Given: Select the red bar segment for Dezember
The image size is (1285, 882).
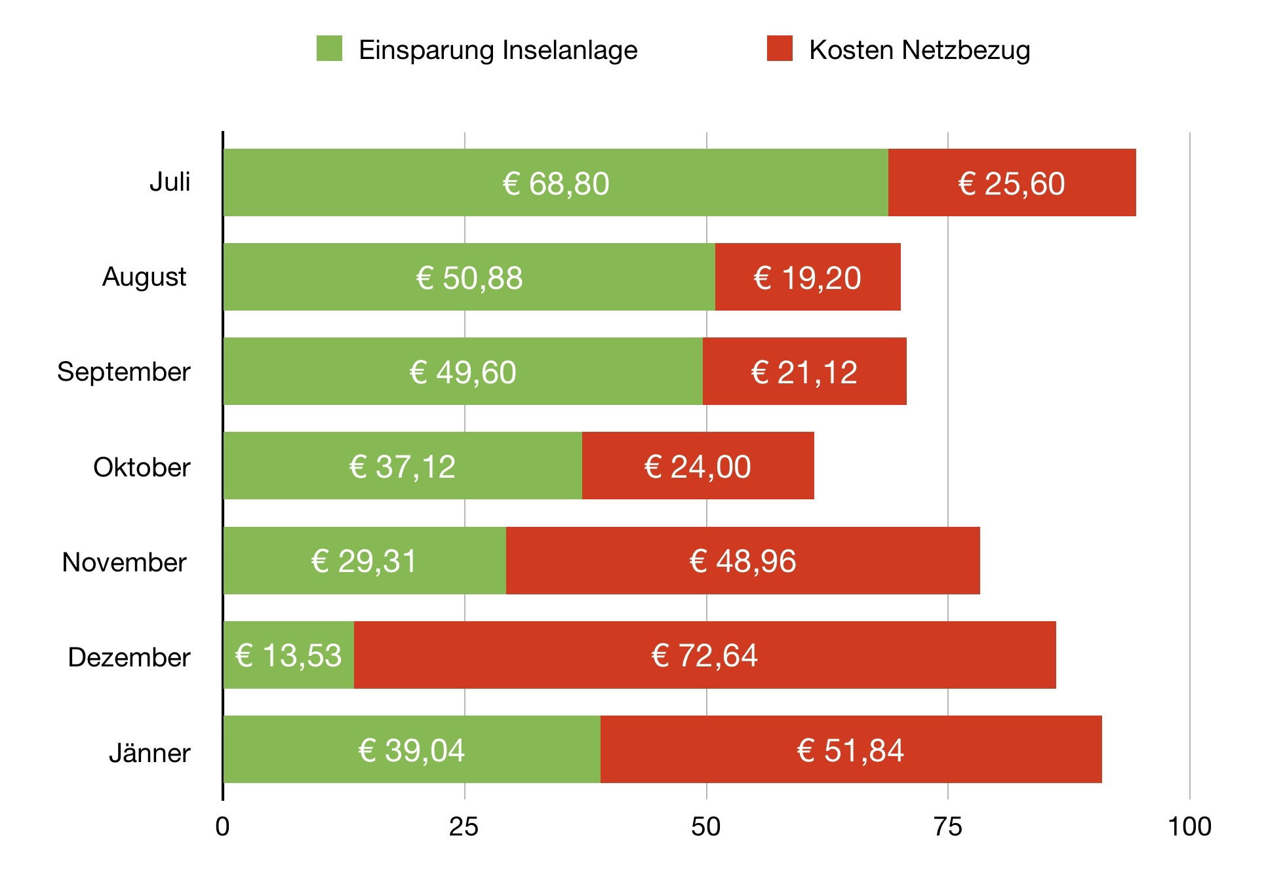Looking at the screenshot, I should coord(852,655).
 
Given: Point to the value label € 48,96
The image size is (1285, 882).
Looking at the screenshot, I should coord(743,562).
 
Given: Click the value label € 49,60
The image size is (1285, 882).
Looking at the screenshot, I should coord(463,372).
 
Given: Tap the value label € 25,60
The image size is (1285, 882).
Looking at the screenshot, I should coord(1012,183).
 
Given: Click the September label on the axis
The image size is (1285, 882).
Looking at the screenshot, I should coord(124,372).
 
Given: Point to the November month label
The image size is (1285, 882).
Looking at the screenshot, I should coord(124,562).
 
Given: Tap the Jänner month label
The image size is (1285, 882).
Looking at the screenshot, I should coord(149,752).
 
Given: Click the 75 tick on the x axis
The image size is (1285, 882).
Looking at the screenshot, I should coord(948,827).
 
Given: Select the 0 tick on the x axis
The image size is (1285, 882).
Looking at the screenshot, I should coord(223,827).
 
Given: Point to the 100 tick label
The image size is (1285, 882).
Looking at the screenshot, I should coord(1189,827).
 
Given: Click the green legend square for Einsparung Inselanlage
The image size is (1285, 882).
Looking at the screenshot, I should coord(329,48).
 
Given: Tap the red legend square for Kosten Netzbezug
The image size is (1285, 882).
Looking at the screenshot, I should coord(780,48).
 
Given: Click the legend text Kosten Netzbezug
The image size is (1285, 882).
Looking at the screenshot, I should coord(920,50).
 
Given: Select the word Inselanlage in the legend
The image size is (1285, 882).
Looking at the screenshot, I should coord(570,50).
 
